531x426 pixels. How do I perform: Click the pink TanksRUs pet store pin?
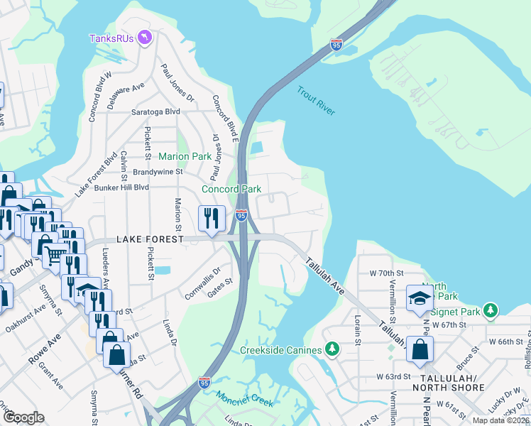pos(146,37)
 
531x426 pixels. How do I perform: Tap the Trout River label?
pos(316,101)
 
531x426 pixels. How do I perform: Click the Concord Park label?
pos(231,189)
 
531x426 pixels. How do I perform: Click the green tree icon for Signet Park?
pos(489,310)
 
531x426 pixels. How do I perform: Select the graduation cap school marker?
pos(420,299)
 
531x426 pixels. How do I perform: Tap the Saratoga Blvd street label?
pos(155,112)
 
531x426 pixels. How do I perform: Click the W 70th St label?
pos(385,273)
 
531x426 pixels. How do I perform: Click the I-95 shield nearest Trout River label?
pos(336,45)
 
